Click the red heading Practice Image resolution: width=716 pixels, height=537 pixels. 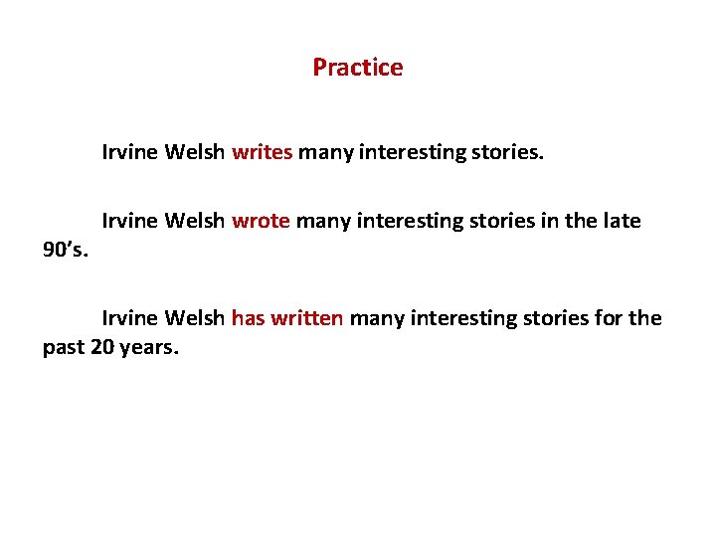(x=357, y=68)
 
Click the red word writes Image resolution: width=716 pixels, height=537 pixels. (x=262, y=153)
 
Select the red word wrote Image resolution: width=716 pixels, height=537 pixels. (x=261, y=221)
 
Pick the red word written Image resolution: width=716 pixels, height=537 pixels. (x=306, y=318)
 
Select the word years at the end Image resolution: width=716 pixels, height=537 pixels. (x=148, y=349)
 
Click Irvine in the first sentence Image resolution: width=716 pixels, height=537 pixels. (x=129, y=153)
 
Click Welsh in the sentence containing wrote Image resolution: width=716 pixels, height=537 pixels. (x=195, y=221)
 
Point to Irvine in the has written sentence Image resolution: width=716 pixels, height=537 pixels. (x=129, y=318)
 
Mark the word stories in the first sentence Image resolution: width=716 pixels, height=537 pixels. (x=509, y=153)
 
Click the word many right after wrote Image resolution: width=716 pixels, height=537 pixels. (x=319, y=221)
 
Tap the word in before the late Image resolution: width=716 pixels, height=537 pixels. (x=546, y=221)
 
